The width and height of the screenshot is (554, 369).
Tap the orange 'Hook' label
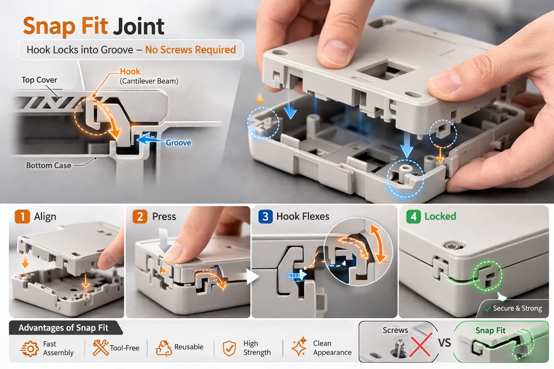coord(130,71)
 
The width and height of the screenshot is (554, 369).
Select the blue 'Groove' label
coord(178,143)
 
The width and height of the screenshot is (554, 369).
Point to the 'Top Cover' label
coord(39,80)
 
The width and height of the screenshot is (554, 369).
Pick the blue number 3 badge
coord(265,216)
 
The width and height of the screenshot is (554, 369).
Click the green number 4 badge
coord(413,216)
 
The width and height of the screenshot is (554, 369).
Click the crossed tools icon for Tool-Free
coord(100,348)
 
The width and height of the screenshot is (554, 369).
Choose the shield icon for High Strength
coord(229,348)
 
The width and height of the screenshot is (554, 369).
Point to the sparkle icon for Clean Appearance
coord(299,348)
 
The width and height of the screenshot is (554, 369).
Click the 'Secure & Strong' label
coord(516,308)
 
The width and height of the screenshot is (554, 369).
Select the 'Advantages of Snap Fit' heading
coord(64,328)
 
